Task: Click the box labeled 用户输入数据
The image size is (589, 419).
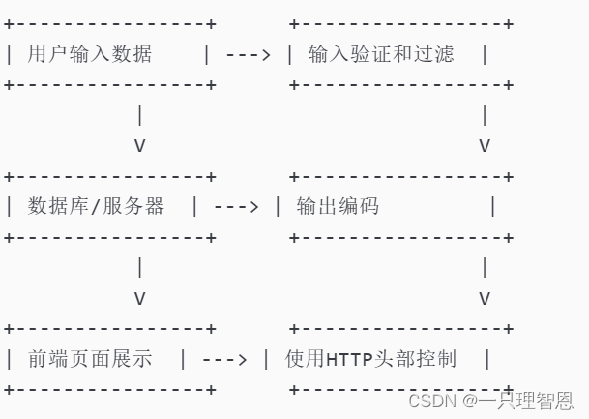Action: point(90,54)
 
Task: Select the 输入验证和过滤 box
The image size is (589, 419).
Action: point(380,54)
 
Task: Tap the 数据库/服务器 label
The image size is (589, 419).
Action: point(96,206)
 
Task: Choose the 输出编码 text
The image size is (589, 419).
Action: point(338,206)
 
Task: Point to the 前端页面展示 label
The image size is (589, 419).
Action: point(90,359)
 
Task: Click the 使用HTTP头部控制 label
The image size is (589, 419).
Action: point(370,359)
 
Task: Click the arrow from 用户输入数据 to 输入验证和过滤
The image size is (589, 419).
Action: point(248,54)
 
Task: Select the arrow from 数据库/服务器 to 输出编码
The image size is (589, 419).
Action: point(236,206)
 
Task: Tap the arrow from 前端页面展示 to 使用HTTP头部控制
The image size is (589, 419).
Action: point(224,359)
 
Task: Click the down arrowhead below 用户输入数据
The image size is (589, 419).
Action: point(140,146)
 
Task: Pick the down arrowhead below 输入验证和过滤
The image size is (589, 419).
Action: point(485,146)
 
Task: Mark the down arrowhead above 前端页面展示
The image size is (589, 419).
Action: point(140,298)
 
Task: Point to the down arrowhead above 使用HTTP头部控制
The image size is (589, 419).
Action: point(485,298)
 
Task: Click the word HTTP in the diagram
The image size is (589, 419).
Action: point(349,360)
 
